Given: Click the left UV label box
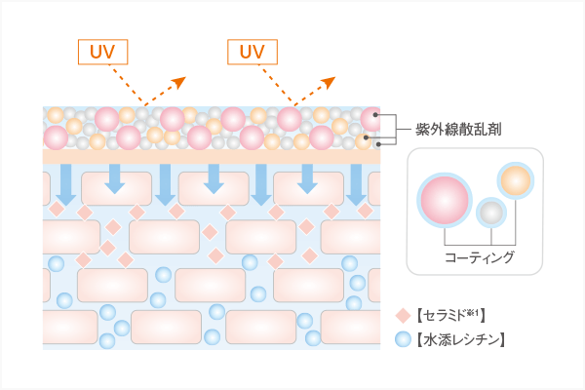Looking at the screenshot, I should point(102,50).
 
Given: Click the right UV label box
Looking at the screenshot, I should point(253,50).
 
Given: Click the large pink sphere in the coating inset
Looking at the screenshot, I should point(444,198).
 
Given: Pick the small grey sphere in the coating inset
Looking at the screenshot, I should point(490,213).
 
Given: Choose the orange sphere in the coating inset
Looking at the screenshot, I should point(517,180).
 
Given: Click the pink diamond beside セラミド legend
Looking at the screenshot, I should point(403,316).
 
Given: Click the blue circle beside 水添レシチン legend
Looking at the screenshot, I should point(403,340).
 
